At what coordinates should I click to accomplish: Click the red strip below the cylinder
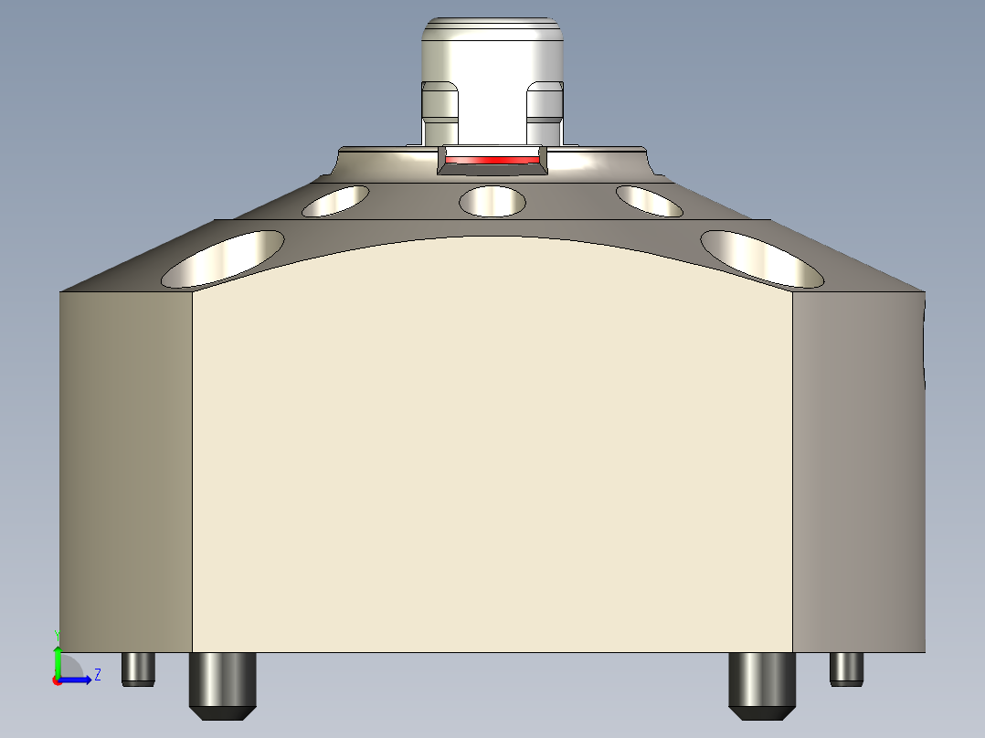[492, 161]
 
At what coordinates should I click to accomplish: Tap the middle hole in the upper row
[492, 201]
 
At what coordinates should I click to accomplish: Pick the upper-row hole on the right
[649, 201]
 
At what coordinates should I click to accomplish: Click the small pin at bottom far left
[138, 669]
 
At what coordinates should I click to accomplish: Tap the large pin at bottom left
[221, 685]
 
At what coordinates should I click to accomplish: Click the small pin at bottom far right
[846, 669]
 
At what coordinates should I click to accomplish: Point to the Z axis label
[97, 675]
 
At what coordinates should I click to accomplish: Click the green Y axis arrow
[58, 659]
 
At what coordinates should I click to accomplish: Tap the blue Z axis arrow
[77, 680]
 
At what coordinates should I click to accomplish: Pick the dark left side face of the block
[126, 471]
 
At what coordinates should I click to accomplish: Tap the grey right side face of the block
[857, 471]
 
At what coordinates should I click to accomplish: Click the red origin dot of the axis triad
[57, 680]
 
